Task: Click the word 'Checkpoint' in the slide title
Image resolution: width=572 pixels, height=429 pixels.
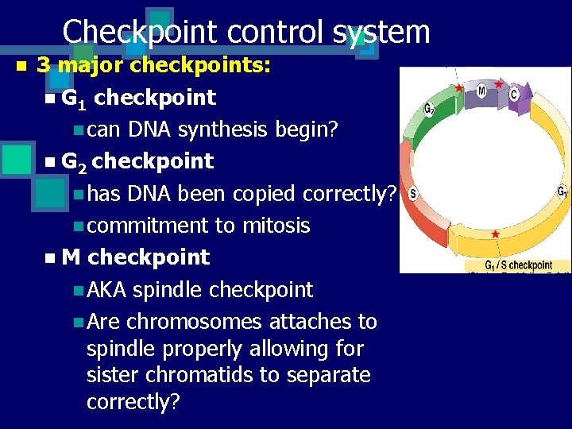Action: click(x=138, y=32)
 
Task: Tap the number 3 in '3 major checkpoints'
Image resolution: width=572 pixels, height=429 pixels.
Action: click(x=44, y=65)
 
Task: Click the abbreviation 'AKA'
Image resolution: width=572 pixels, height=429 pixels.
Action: click(x=106, y=290)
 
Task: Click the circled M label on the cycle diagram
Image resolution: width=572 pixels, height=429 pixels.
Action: click(x=481, y=91)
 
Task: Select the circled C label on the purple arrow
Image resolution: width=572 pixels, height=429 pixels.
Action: click(x=514, y=95)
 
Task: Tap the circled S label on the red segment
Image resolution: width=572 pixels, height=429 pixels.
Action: click(x=413, y=194)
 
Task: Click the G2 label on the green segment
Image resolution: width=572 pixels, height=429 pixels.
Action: click(x=429, y=109)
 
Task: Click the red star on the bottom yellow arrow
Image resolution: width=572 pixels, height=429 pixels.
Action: click(x=496, y=234)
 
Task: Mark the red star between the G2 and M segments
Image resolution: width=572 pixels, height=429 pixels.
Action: click(x=459, y=87)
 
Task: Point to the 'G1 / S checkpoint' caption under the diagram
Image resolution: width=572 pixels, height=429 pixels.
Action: click(x=518, y=265)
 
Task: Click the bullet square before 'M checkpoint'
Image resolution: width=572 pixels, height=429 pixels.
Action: click(x=50, y=258)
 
